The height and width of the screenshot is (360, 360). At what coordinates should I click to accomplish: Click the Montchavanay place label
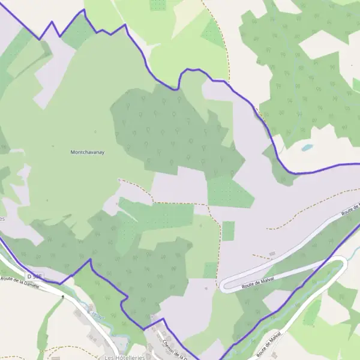coord(88,152)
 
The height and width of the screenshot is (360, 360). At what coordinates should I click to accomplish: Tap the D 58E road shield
coord(35,276)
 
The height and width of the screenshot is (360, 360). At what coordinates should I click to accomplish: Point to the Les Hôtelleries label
coord(124,357)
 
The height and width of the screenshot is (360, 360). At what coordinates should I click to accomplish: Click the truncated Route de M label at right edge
coord(350,210)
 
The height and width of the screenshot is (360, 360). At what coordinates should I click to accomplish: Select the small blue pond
coord(307,147)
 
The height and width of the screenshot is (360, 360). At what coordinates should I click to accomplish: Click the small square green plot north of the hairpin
coord(228,231)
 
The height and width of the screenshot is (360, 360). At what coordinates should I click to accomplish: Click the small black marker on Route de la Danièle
coord(62,296)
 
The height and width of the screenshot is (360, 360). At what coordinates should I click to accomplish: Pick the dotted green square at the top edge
coord(158,5)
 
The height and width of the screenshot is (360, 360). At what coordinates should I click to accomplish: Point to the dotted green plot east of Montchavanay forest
coord(228,192)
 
